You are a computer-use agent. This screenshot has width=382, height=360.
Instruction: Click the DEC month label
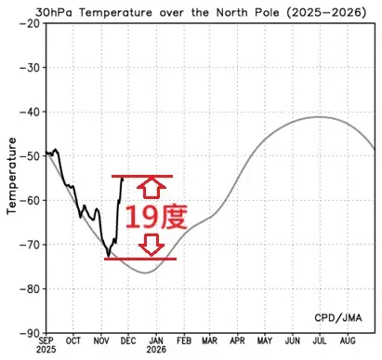point(129,342)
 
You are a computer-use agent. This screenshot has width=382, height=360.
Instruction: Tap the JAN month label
point(156,342)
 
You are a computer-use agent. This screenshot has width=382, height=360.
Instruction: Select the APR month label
point(238,342)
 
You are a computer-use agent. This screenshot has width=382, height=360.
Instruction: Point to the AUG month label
point(348,342)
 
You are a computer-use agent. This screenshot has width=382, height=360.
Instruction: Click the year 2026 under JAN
point(156,353)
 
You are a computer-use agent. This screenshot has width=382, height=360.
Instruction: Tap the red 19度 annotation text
point(155,217)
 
